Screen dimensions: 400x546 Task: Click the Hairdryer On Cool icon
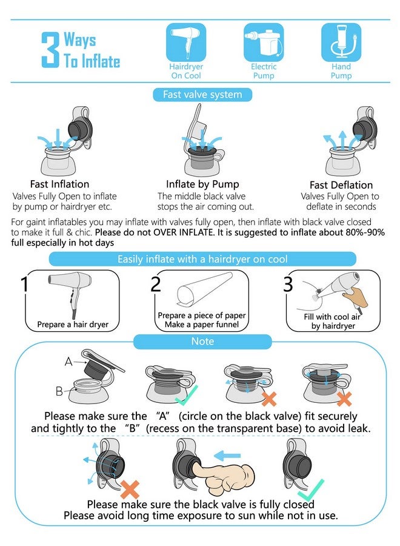click(185, 42)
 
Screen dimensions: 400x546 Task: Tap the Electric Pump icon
click(263, 42)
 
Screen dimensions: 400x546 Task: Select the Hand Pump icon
click(341, 42)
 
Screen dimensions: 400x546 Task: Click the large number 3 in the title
click(50, 50)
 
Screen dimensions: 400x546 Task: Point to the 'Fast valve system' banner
click(202, 95)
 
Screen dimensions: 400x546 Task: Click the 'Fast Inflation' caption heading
click(59, 184)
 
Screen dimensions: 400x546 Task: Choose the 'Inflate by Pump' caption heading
click(202, 184)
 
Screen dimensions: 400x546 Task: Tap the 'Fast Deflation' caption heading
click(341, 184)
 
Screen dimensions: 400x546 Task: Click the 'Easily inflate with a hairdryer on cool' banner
click(202, 259)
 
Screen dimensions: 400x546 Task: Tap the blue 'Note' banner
click(202, 341)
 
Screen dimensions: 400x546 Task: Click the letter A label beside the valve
click(68, 362)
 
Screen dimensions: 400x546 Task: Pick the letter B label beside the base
click(59, 391)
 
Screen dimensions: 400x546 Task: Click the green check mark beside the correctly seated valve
click(187, 396)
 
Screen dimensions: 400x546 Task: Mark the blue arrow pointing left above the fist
click(227, 456)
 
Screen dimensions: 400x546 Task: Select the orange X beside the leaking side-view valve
click(130, 489)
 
